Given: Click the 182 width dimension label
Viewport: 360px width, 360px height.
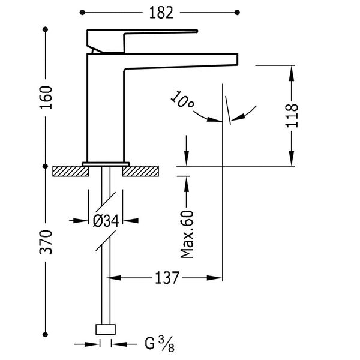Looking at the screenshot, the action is [161, 13].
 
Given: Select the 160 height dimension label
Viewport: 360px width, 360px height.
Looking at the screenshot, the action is [46, 98].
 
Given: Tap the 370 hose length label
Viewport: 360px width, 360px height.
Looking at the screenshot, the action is [46, 242].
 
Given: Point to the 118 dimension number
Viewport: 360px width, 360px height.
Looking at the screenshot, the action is [292, 115].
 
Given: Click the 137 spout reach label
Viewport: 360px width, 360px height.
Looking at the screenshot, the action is [167, 278].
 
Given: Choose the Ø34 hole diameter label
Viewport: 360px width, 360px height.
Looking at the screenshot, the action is [106, 221].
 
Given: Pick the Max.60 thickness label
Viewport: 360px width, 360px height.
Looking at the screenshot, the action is [187, 234].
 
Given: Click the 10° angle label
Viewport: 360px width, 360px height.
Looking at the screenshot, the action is [182, 100].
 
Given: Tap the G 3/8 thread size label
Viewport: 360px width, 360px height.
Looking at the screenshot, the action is [160, 344].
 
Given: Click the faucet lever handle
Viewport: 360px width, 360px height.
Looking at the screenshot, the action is [142, 41].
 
